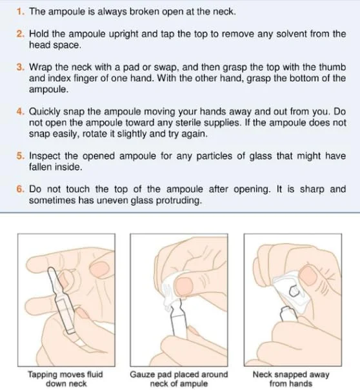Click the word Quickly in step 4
click(x=45, y=112)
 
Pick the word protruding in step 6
click(x=179, y=200)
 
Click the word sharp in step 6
click(x=312, y=190)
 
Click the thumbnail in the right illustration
click(x=308, y=275)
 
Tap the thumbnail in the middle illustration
click(x=184, y=287)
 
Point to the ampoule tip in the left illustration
click(x=50, y=270)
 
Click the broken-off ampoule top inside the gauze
click(x=294, y=291)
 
